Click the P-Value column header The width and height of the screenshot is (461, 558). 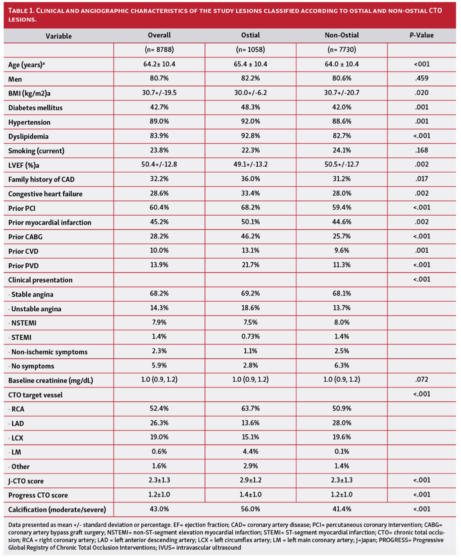coord(421,35)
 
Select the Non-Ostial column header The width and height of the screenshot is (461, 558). coord(342,35)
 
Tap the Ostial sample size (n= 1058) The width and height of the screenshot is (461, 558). coord(250,50)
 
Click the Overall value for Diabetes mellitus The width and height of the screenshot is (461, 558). coord(159,107)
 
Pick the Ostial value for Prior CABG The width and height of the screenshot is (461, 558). coord(250,236)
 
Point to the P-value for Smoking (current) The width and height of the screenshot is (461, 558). coord(421,150)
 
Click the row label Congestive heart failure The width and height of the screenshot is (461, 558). coord(45,194)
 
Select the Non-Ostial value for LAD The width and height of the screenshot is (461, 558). coord(342,423)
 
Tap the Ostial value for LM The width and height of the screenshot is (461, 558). coord(250,452)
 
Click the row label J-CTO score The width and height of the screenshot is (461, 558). coord(26,481)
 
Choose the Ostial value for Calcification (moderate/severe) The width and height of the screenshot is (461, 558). coord(250,509)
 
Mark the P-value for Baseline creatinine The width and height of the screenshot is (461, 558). coord(421,380)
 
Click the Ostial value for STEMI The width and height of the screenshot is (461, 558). coord(250,337)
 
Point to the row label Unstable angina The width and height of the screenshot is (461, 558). coord(36,309)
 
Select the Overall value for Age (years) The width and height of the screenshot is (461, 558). coord(159,64)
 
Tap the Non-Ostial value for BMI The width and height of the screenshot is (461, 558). coord(342,93)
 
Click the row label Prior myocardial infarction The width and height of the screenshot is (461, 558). coord(50,222)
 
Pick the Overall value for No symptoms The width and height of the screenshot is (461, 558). coord(159,365)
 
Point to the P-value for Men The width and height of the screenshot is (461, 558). coord(421,78)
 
